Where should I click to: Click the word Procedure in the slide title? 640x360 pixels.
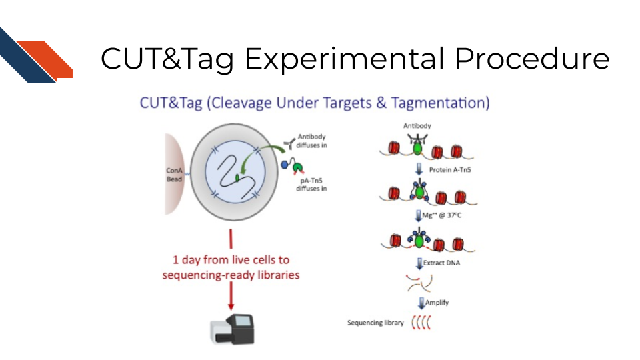tap(532, 59)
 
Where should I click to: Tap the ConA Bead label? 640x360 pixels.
tap(174, 175)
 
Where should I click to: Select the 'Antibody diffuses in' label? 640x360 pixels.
tap(312, 141)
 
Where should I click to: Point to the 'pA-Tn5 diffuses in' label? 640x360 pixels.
tap(311, 185)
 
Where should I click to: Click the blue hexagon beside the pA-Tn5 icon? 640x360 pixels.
tap(285, 165)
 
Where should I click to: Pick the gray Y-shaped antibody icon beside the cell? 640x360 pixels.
tap(290, 143)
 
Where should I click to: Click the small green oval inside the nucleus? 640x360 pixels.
tap(237, 178)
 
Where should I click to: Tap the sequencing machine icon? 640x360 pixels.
tap(232, 329)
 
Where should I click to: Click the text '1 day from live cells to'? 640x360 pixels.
tap(231, 260)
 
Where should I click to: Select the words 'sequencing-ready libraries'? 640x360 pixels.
tap(231, 275)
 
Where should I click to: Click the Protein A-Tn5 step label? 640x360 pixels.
tap(450, 170)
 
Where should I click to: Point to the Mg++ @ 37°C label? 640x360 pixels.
tap(441, 215)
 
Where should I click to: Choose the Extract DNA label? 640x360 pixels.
tap(441, 263)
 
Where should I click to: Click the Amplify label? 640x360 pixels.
tap(437, 303)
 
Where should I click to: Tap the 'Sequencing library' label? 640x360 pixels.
tap(375, 323)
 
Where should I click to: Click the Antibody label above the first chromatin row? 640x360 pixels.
tap(417, 126)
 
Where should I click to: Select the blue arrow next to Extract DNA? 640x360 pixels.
tap(419, 264)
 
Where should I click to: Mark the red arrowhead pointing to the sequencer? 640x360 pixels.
tap(231, 306)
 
